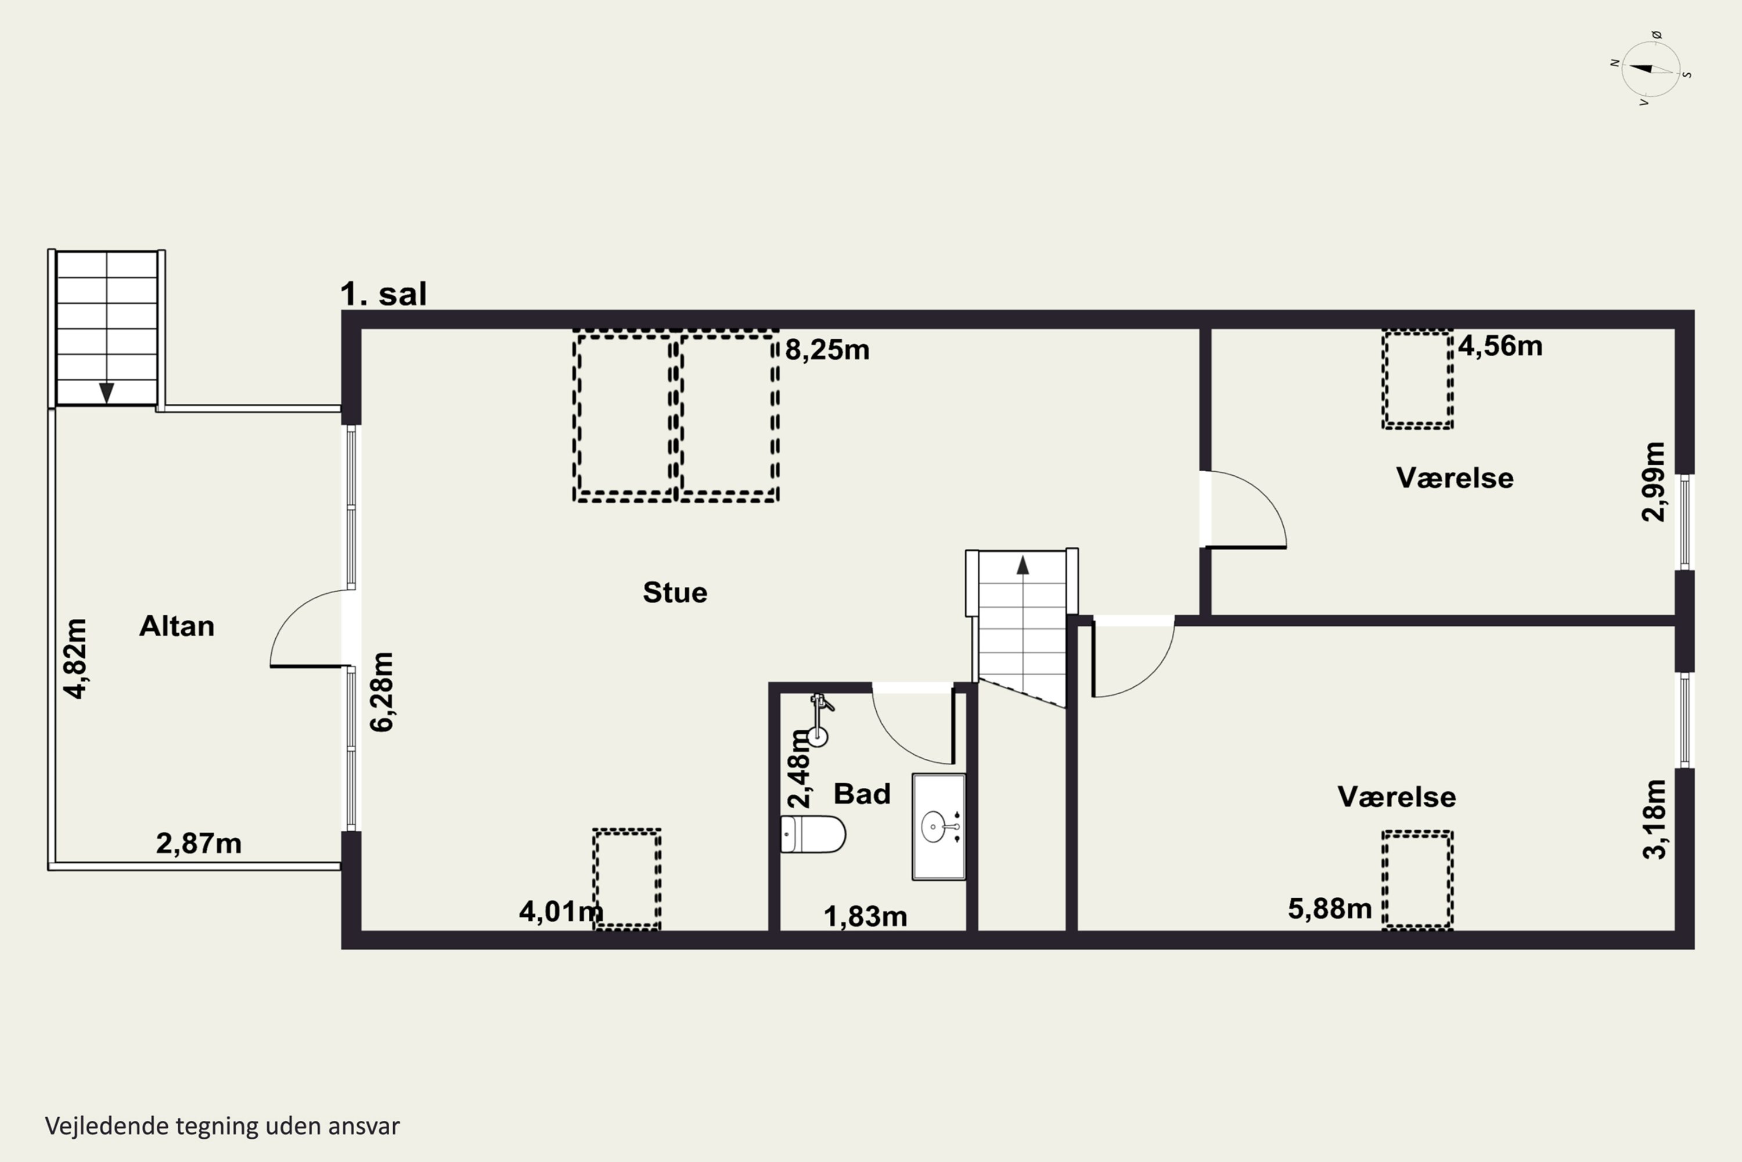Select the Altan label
point(177,626)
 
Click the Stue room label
point(675,592)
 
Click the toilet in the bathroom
point(814,834)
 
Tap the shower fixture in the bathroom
point(819,719)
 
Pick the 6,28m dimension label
point(382,692)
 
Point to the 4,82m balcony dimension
point(75,659)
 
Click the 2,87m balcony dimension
point(199,844)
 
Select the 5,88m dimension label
point(1330,909)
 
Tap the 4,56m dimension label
point(1500,346)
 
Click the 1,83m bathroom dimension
point(865,917)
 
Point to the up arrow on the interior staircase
point(1023,565)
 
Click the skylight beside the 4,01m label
point(627,879)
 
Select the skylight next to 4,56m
point(1417,379)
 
